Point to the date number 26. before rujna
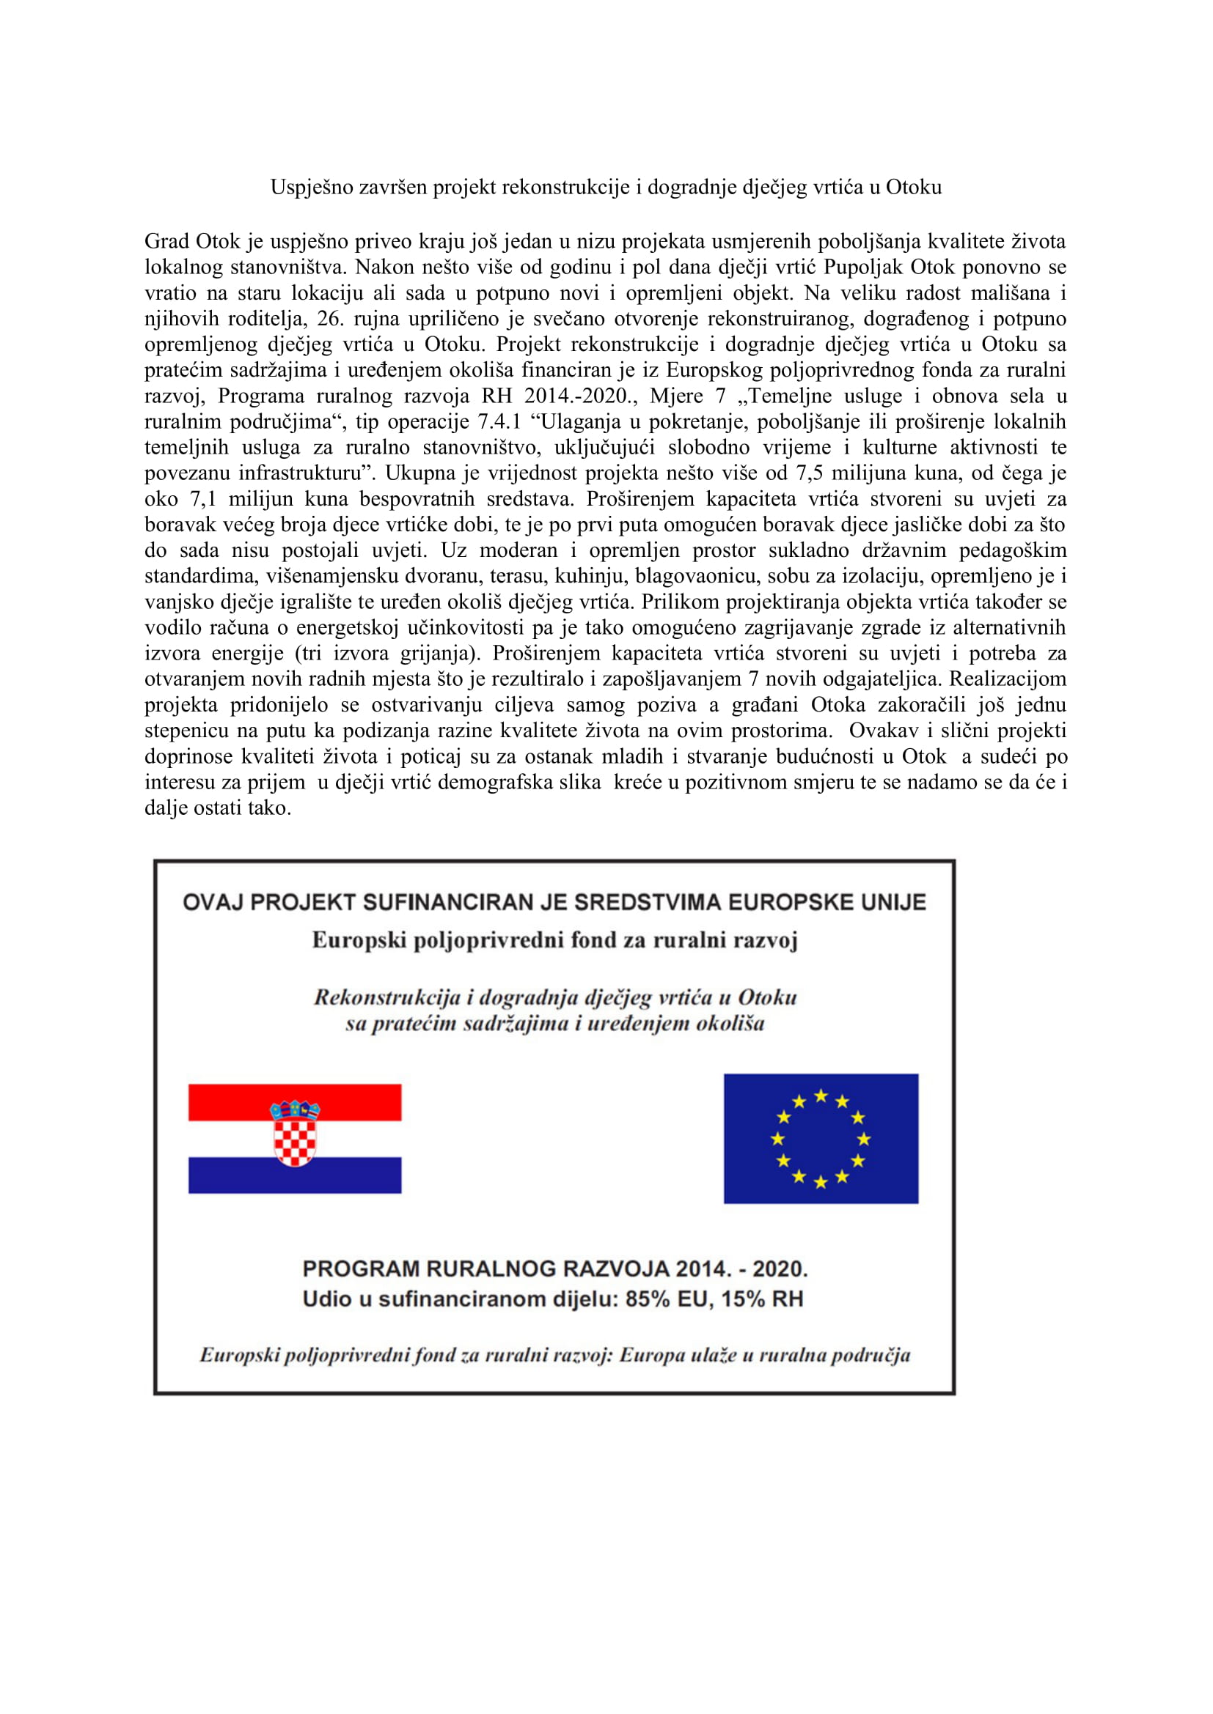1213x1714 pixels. (x=329, y=319)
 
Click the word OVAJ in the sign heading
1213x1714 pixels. (x=212, y=903)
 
